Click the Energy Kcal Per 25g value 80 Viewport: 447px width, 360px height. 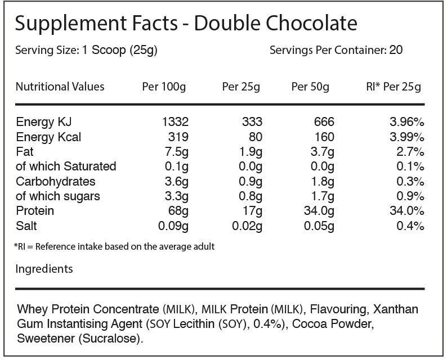coord(253,137)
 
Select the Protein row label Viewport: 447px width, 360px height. coord(35,211)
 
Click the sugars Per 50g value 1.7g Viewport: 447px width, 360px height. coord(322,196)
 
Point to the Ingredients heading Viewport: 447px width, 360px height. coord(44,269)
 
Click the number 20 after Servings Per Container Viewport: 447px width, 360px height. coord(396,50)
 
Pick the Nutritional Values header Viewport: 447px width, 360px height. coord(60,87)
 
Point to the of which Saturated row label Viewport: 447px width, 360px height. coord(66,166)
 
